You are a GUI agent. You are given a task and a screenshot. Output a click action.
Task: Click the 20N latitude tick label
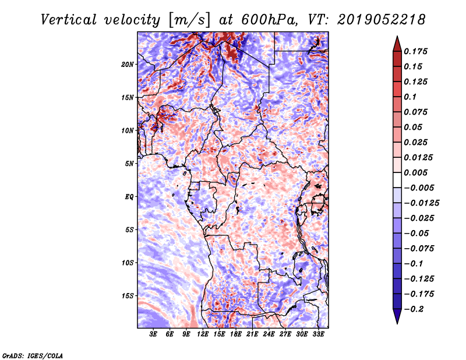click(128, 65)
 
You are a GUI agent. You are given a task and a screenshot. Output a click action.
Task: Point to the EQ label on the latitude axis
click(129, 197)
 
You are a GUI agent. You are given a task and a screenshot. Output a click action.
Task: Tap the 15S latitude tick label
click(128, 296)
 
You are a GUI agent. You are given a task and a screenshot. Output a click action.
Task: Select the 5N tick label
click(129, 164)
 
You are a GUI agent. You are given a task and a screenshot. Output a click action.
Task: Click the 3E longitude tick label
click(153, 334)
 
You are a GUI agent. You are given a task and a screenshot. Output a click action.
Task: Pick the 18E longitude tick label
click(236, 334)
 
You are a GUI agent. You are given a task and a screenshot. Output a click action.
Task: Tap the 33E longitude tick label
click(318, 334)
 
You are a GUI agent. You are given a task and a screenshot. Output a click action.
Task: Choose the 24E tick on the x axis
click(269, 334)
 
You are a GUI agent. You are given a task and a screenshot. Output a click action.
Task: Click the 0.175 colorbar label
click(415, 51)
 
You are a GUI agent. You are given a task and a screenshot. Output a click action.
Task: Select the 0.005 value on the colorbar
click(415, 172)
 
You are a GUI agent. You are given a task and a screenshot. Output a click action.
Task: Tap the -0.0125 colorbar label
click(421, 203)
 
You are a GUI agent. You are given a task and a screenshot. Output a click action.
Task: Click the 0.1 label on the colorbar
click(410, 97)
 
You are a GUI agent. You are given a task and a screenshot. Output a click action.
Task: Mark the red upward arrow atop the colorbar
click(397, 44)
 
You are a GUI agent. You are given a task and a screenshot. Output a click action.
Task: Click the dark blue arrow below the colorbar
click(397, 316)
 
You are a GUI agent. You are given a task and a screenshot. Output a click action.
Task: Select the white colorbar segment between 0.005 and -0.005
click(397, 180)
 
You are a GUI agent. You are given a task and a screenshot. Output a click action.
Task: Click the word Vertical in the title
click(69, 20)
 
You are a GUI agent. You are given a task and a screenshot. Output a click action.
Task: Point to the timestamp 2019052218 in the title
click(382, 20)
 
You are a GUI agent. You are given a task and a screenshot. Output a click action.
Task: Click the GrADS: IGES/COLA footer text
click(33, 355)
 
